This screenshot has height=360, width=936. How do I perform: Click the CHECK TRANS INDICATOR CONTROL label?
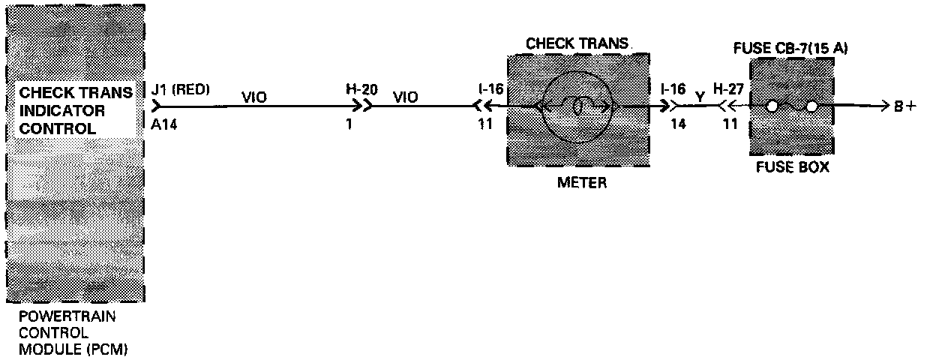pyautogui.click(x=75, y=111)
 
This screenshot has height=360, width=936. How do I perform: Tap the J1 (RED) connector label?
pyautogui.click(x=181, y=90)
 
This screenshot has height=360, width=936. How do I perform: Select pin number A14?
pyautogui.click(x=163, y=124)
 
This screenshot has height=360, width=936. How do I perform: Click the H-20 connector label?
pyautogui.click(x=361, y=90)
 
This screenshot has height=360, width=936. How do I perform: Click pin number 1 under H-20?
pyautogui.click(x=349, y=124)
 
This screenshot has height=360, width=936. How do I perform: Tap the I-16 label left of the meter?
pyautogui.click(x=490, y=90)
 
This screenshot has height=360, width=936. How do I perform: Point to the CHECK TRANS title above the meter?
pyautogui.click(x=576, y=43)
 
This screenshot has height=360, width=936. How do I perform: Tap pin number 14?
pyautogui.click(x=678, y=124)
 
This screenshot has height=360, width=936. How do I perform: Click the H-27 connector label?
pyautogui.click(x=728, y=90)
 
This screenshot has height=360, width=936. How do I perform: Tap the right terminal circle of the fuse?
pyautogui.click(x=811, y=106)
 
